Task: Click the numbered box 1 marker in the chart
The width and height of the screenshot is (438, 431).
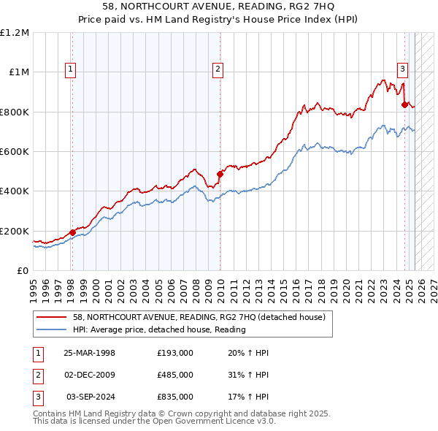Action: (x=71, y=69)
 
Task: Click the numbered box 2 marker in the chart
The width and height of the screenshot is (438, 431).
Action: (x=218, y=69)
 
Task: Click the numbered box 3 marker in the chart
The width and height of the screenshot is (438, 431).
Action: (x=402, y=69)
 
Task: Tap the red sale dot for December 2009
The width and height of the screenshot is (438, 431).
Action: (x=220, y=174)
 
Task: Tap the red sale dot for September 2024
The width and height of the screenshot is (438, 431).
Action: (x=404, y=104)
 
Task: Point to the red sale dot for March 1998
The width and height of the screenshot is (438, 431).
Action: (x=72, y=232)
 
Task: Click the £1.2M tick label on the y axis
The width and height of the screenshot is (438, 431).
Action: (x=15, y=33)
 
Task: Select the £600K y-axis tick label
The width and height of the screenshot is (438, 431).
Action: (x=15, y=152)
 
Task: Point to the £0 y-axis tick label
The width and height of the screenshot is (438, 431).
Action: (x=23, y=271)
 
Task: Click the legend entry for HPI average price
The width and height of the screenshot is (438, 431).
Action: (x=159, y=329)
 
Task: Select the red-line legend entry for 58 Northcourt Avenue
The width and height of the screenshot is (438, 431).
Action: (x=203, y=317)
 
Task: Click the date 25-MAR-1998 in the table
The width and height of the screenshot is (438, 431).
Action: (x=90, y=354)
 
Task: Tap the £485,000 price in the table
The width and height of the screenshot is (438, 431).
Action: (x=175, y=375)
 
